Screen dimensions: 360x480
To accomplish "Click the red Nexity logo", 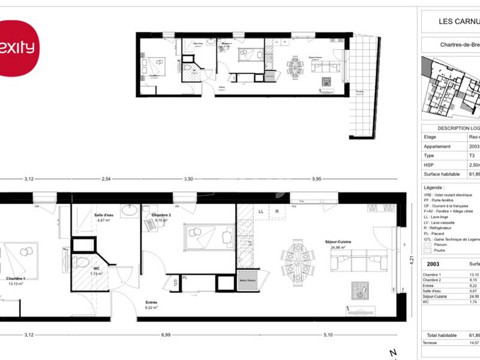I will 17,47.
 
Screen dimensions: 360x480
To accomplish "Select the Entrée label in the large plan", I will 152,302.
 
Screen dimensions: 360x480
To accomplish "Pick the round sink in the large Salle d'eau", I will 130,211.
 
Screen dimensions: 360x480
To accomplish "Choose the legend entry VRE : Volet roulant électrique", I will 451,195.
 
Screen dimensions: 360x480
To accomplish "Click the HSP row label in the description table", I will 430,165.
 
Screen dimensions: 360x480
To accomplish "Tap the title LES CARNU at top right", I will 460,22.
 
